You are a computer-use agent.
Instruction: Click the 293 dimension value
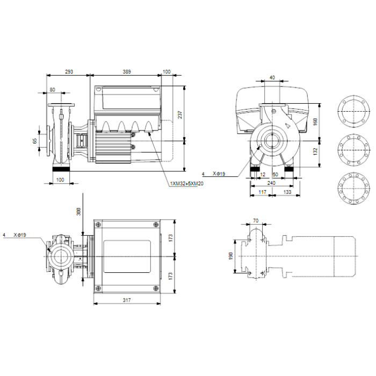(x=69, y=71)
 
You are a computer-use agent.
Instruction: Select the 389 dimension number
(x=127, y=71)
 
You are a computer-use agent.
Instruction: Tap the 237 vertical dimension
(x=180, y=114)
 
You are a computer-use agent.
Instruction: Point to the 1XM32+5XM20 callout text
(x=187, y=184)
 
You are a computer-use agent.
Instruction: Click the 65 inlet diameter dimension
(x=35, y=141)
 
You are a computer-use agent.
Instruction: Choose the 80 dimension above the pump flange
(x=52, y=90)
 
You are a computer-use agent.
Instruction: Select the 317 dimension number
(x=127, y=300)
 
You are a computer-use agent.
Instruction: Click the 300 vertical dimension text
(x=78, y=212)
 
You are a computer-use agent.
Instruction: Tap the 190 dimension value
(x=230, y=256)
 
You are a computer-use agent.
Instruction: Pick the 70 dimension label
(x=256, y=220)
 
